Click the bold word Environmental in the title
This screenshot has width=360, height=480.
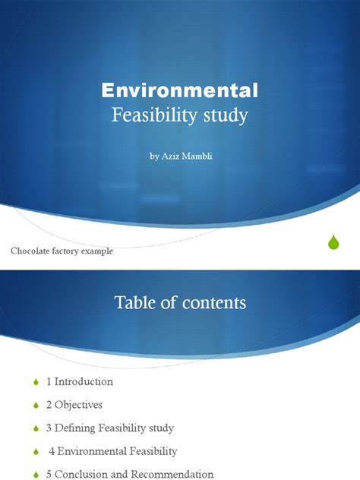click(x=180, y=90)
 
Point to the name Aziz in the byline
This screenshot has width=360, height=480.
click(x=170, y=156)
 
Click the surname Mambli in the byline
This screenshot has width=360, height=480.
click(x=197, y=156)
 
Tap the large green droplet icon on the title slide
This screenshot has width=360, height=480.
click(x=333, y=242)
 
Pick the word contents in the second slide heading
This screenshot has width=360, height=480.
click(x=214, y=303)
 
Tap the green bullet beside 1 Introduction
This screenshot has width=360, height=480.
click(x=36, y=382)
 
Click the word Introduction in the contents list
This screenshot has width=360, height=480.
click(x=84, y=381)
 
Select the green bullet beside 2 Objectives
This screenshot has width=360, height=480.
click(x=36, y=406)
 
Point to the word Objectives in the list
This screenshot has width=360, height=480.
click(x=78, y=405)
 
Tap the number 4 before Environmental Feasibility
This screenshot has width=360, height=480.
click(x=52, y=451)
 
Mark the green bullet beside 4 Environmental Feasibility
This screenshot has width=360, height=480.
click(x=36, y=452)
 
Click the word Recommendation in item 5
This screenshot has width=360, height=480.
click(x=172, y=474)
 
